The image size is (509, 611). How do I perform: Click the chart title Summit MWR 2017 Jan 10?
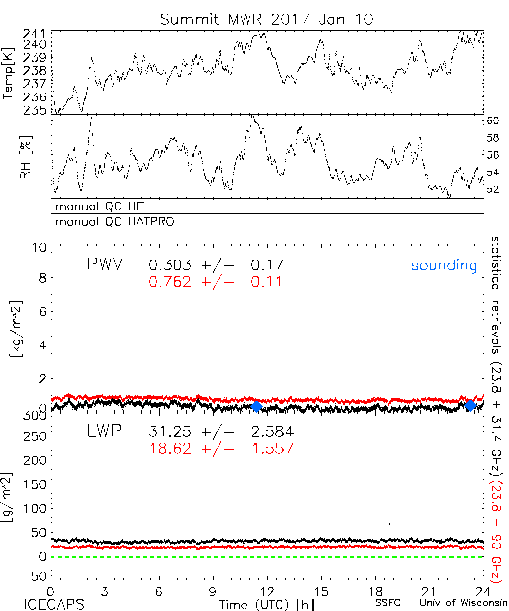267,20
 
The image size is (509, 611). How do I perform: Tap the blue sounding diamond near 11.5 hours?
256,406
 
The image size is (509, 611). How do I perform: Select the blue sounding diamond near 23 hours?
471,405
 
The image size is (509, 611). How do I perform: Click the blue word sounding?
444,266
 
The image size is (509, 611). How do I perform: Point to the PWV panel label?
104,265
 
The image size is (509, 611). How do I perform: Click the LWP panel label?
104,432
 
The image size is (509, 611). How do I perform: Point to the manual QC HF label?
96,207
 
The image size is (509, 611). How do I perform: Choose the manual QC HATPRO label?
111,222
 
